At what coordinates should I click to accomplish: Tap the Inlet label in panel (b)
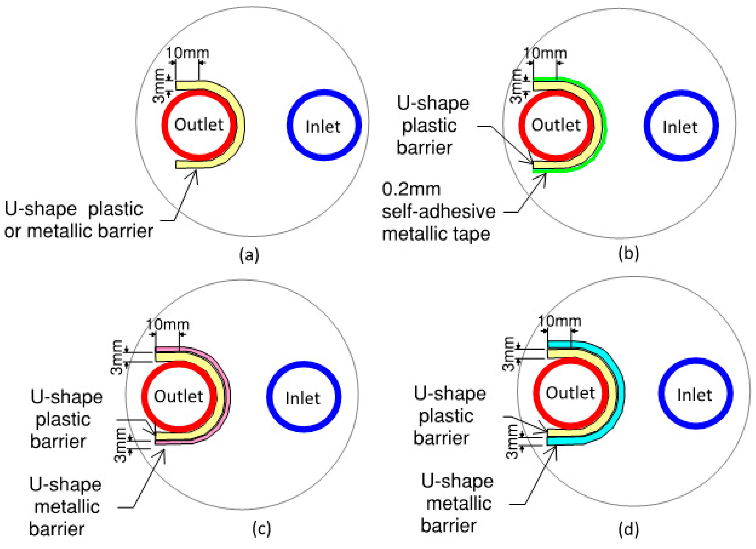tap(680, 127)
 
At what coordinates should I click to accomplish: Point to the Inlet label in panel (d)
tap(694, 395)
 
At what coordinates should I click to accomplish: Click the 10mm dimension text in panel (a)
tap(188, 53)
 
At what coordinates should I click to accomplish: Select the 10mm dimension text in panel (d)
tap(560, 321)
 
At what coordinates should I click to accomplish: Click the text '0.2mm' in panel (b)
tap(411, 189)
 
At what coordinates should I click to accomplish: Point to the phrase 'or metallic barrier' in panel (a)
tap(79, 231)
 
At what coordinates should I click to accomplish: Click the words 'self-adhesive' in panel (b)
tap(438, 212)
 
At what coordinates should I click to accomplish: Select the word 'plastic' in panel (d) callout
tap(446, 416)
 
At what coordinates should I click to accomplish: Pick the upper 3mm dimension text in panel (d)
tap(509, 354)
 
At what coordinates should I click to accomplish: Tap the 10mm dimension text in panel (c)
tap(168, 325)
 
